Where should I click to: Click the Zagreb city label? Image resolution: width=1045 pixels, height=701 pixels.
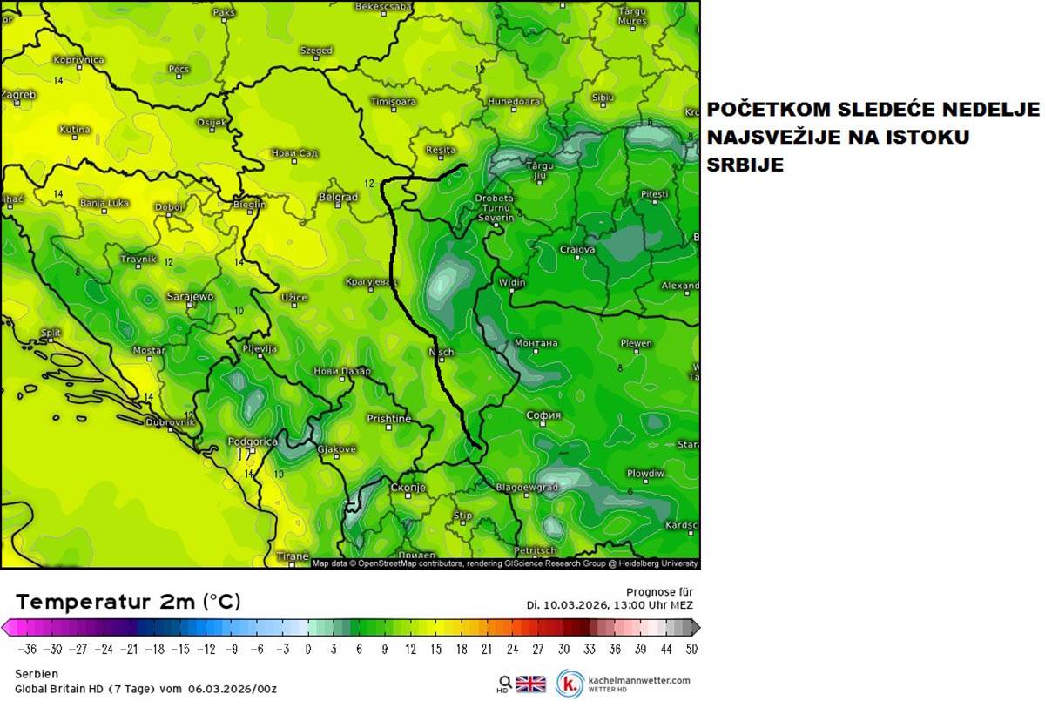pos(18,94)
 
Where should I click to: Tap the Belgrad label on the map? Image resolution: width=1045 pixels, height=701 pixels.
pos(338,198)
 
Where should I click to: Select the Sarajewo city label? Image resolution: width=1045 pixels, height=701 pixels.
pos(190,297)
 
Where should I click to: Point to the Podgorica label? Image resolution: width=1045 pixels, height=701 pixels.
pos(252,441)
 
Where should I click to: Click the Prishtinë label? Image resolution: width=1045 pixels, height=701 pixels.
pos(388,419)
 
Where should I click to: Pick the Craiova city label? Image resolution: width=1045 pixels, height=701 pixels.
pos(577,250)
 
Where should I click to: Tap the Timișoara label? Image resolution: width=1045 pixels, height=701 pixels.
pos(394,102)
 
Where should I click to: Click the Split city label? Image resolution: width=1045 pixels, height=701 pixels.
pos(51,334)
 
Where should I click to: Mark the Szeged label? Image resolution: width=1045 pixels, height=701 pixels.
pos(316,51)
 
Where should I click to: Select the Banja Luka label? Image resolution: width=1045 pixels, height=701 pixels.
pos(104,203)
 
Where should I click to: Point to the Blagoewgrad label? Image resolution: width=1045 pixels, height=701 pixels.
pos(527,488)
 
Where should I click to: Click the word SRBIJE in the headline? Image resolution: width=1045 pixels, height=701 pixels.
pos(745,165)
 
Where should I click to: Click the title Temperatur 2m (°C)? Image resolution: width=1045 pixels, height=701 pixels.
pos(128,602)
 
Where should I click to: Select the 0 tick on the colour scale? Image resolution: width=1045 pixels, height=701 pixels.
pos(307,649)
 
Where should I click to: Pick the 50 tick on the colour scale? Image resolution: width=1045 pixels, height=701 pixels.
pos(691,649)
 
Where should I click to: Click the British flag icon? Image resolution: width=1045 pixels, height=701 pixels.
pos(530,684)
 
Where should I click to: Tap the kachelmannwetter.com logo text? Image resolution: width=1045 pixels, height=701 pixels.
pos(639,679)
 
